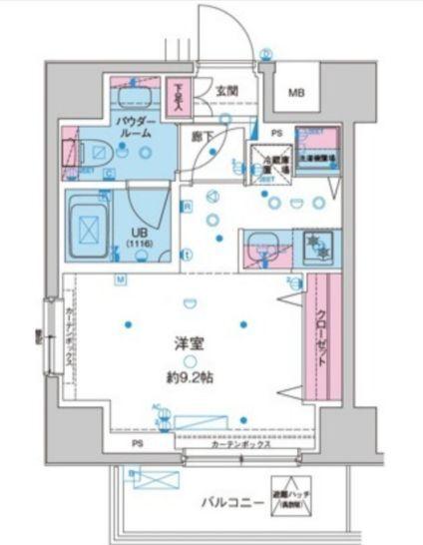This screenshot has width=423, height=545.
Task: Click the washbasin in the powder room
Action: click(x=133, y=95)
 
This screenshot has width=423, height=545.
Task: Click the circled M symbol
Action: click(x=120, y=280)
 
